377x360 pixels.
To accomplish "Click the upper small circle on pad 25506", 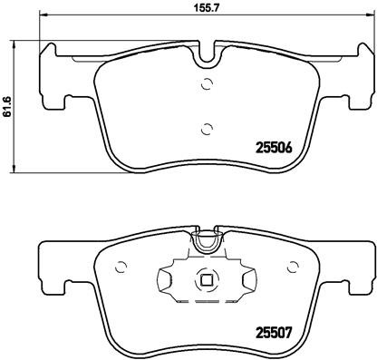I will click(x=208, y=85).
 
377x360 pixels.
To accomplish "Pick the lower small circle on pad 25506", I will click(x=208, y=127).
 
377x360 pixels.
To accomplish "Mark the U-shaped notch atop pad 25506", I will click(x=208, y=57).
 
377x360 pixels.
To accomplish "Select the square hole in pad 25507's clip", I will click(x=208, y=278).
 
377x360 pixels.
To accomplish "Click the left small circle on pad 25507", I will click(x=120, y=266).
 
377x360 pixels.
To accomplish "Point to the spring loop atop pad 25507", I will click(x=208, y=241).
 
